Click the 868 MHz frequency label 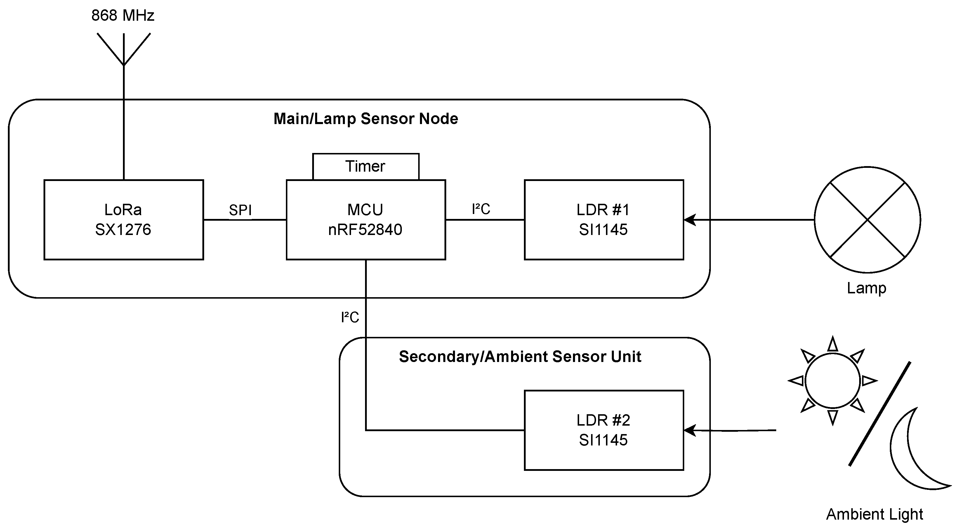tap(123, 15)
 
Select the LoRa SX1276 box tap(124, 220)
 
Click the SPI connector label tap(240, 210)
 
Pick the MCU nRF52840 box tap(366, 220)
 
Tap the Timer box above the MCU tap(366, 166)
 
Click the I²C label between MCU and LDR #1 tap(481, 209)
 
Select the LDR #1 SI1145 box tap(604, 220)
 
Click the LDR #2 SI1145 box tap(604, 430)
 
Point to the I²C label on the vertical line tap(350, 318)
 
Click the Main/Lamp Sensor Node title tap(366, 119)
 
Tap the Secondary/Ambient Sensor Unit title tap(520, 357)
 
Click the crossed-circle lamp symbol tap(867, 220)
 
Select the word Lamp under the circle tap(866, 288)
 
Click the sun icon tap(833, 381)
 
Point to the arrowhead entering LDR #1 tap(689, 220)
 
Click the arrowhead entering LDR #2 tap(689, 430)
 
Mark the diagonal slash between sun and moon tap(880, 413)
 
